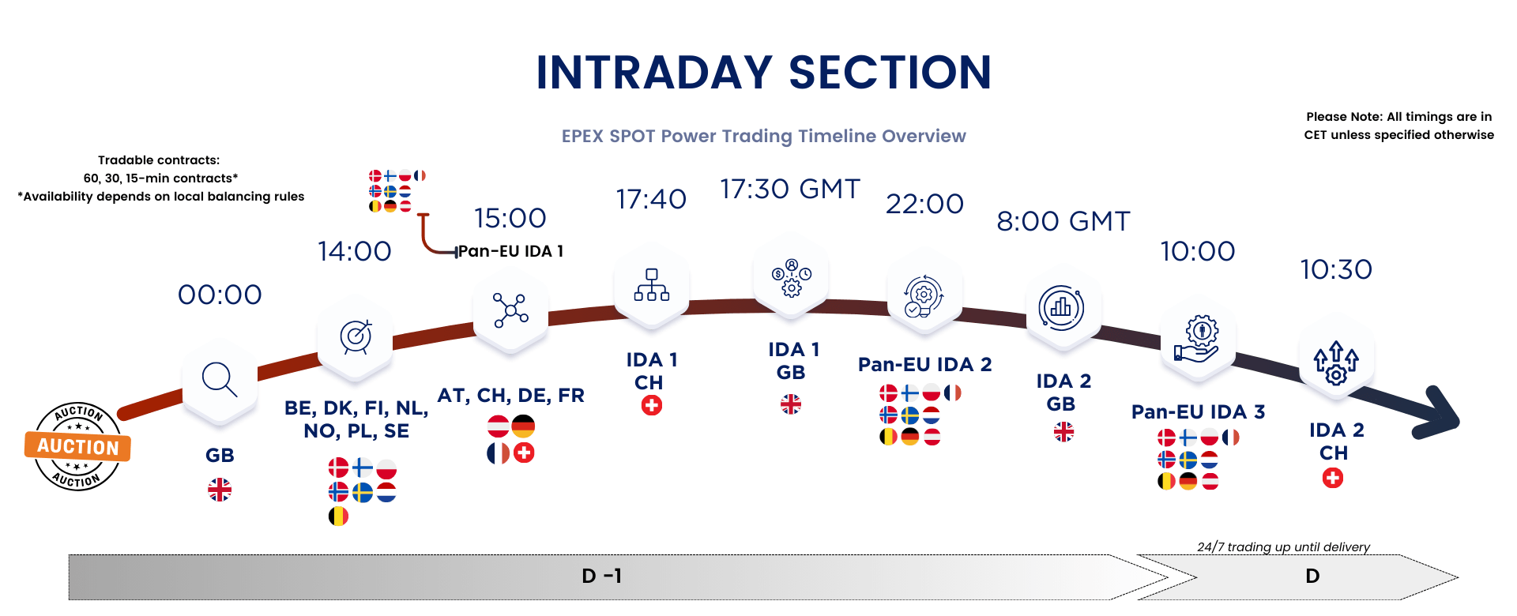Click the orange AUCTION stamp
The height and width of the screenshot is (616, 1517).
[x=77, y=446]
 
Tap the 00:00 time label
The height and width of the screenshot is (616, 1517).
[x=220, y=295]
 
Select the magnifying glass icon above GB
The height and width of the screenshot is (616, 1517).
[x=220, y=380]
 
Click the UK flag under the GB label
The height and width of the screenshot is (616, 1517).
[x=220, y=490]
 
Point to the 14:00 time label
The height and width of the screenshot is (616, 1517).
[x=354, y=251]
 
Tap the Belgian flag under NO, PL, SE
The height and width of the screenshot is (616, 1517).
[x=338, y=516]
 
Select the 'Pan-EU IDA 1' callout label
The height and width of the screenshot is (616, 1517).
[x=510, y=251]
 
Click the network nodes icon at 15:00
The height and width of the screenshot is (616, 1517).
[x=510, y=310]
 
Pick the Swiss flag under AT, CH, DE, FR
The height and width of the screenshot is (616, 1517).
[x=524, y=453]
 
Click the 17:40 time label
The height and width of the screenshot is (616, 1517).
[x=651, y=199]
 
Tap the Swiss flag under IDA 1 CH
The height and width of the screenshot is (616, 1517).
[x=652, y=405]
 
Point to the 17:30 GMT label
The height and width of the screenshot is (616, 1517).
[x=789, y=190]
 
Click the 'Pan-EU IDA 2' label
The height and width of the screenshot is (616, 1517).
[x=924, y=364]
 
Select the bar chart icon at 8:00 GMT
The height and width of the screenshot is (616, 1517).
[x=1061, y=307]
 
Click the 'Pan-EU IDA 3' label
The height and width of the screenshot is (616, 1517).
[x=1198, y=411]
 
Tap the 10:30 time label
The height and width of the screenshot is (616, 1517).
[x=1336, y=270]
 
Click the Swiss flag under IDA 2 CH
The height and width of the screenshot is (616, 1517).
[x=1333, y=478]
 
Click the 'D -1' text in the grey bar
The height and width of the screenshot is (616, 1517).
[x=602, y=577]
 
